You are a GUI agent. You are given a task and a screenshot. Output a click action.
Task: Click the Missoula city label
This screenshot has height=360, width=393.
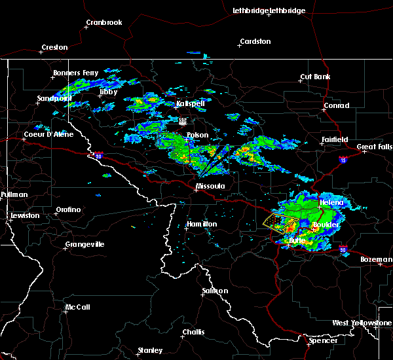tap(210, 186)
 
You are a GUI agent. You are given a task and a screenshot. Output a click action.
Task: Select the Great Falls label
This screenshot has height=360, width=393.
tap(375, 147)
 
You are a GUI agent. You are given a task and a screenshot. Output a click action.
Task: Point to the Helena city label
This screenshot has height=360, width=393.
tap(331, 203)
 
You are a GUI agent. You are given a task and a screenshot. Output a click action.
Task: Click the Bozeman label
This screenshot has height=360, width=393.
tap(376, 259)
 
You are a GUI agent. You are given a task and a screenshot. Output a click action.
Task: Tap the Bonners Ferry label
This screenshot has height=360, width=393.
tap(77, 73)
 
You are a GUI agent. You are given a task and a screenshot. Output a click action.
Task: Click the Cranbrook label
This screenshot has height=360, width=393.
tap(104, 23)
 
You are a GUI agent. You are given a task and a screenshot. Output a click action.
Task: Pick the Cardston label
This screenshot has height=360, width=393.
tap(255, 42)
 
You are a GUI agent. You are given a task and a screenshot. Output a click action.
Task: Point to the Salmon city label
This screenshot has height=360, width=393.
tap(215, 291)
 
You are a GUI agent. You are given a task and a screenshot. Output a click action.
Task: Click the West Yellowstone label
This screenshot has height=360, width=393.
tap(362, 323)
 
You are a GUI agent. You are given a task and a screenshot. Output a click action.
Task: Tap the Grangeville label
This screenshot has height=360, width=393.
tap(84, 245)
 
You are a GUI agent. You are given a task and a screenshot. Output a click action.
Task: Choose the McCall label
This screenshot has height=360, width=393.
tap(77, 307)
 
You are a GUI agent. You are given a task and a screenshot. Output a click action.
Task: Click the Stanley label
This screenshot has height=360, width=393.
tap(151, 350)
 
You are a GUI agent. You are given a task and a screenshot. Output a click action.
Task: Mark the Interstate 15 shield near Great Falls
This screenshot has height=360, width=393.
tap(343, 159)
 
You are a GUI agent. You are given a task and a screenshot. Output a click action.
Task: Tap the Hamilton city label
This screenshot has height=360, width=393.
tap(202, 224)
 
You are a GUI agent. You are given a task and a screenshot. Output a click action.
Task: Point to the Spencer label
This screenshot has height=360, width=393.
tap(324, 340)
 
